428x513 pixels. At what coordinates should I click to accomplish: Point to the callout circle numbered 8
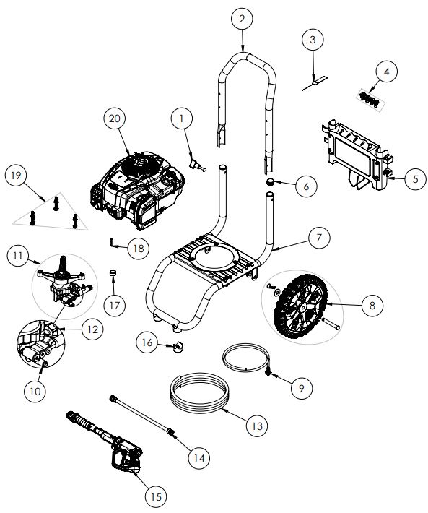click(x=372, y=306)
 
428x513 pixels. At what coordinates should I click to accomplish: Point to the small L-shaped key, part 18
click(x=114, y=241)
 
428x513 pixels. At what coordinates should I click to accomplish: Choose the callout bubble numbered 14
click(x=198, y=457)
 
